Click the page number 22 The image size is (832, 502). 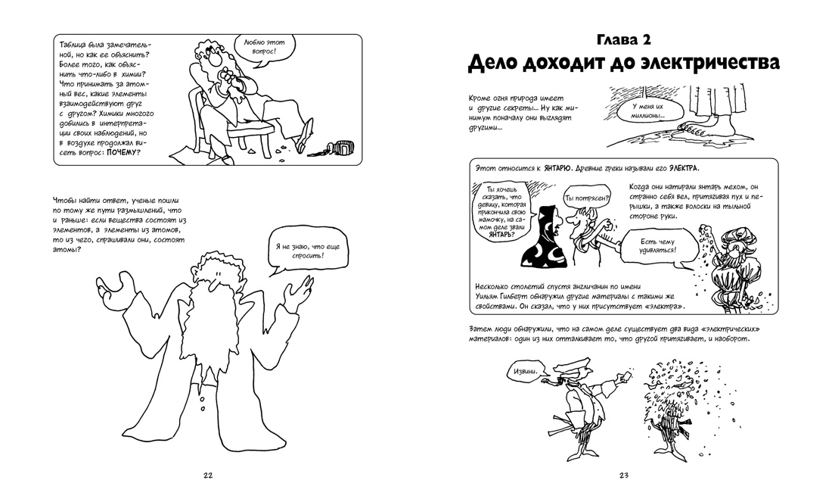[208, 475]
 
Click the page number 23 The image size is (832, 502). [624, 475]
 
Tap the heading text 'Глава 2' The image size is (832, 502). [623, 39]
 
